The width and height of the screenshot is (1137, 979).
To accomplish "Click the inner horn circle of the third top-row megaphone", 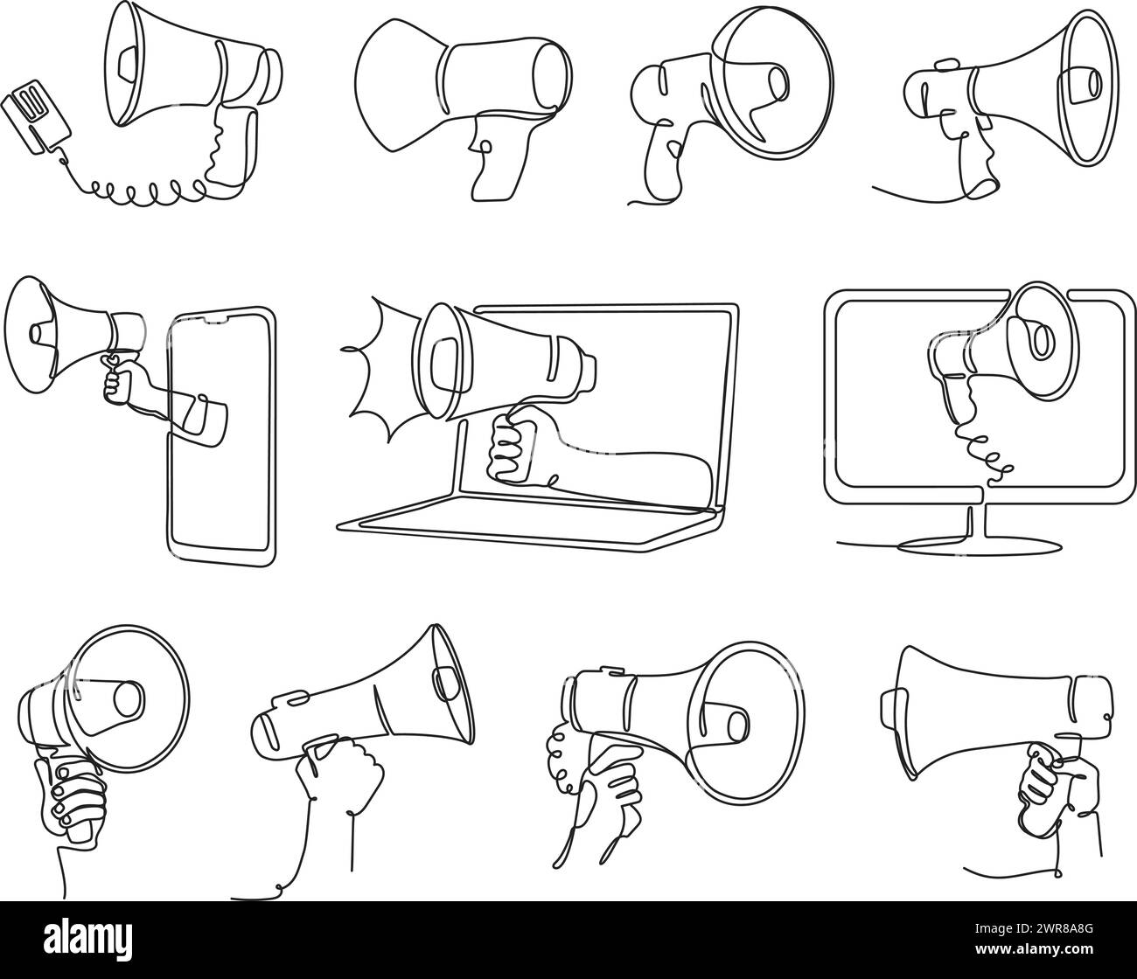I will coord(775,83).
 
